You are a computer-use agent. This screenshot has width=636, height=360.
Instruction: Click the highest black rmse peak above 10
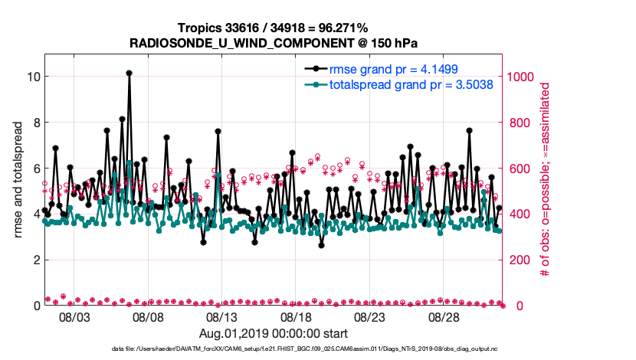click(129, 73)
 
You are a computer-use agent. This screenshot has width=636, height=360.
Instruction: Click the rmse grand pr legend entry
click(395, 70)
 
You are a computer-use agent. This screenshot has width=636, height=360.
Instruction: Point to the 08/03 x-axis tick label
click(75, 316)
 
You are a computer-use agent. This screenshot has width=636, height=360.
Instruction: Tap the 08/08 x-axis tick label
click(149, 316)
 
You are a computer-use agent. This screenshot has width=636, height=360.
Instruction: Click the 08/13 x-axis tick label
click(222, 316)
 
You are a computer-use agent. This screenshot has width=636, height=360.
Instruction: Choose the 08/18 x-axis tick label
click(297, 316)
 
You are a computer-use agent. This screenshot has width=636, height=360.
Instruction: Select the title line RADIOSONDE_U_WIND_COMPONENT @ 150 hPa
click(273, 43)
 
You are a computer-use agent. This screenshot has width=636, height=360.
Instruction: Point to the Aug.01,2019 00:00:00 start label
click(274, 333)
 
